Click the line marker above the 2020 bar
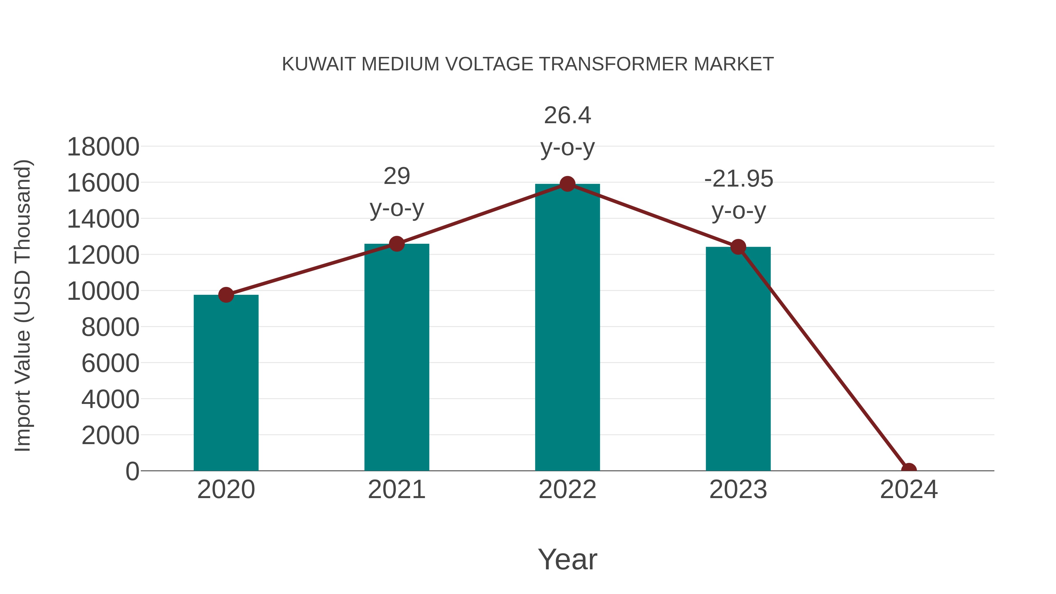click(226, 295)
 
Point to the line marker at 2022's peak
click(567, 184)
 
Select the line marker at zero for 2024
click(909, 470)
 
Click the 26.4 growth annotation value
click(567, 115)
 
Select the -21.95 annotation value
click(738, 179)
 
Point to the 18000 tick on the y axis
click(103, 147)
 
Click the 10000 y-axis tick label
click(103, 292)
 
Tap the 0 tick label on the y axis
click(132, 471)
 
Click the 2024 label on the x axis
click(908, 490)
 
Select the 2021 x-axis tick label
click(396, 490)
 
